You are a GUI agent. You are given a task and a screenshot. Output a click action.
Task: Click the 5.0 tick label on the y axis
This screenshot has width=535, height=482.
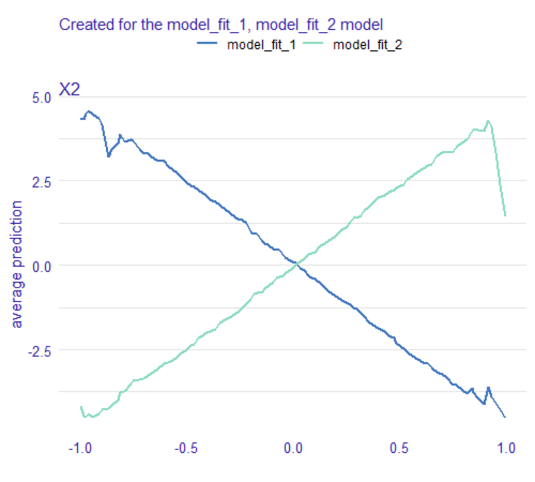(41, 98)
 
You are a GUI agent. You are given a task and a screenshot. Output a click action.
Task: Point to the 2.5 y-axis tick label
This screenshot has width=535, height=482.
(41, 182)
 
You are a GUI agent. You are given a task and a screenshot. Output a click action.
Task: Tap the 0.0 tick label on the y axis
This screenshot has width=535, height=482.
(41, 267)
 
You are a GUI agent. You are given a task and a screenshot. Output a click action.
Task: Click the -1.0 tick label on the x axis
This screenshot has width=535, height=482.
(80, 448)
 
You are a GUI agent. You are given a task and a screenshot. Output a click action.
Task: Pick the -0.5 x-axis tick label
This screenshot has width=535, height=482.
(186, 448)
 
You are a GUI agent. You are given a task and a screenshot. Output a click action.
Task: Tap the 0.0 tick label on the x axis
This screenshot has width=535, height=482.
(293, 448)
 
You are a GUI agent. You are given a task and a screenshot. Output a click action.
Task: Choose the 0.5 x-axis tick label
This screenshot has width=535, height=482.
(399, 448)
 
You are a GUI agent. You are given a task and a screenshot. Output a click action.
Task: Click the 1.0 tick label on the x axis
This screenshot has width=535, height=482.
(506, 448)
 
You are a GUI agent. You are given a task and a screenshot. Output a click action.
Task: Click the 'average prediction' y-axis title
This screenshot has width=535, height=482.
(16, 264)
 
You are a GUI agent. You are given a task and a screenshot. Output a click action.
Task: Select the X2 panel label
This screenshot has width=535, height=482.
(69, 89)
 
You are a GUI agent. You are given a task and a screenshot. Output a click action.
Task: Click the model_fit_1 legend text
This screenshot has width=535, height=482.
(261, 44)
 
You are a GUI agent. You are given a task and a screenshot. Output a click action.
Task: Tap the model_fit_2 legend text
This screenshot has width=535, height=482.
(367, 44)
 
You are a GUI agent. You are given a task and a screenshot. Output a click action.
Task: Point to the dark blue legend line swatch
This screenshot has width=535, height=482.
(207, 43)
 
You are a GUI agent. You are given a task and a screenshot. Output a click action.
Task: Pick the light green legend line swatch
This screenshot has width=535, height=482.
(313, 43)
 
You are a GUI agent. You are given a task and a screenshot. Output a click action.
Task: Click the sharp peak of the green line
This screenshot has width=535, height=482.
(488, 121)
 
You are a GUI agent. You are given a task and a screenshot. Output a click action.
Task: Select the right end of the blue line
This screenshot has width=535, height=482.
(505, 417)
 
